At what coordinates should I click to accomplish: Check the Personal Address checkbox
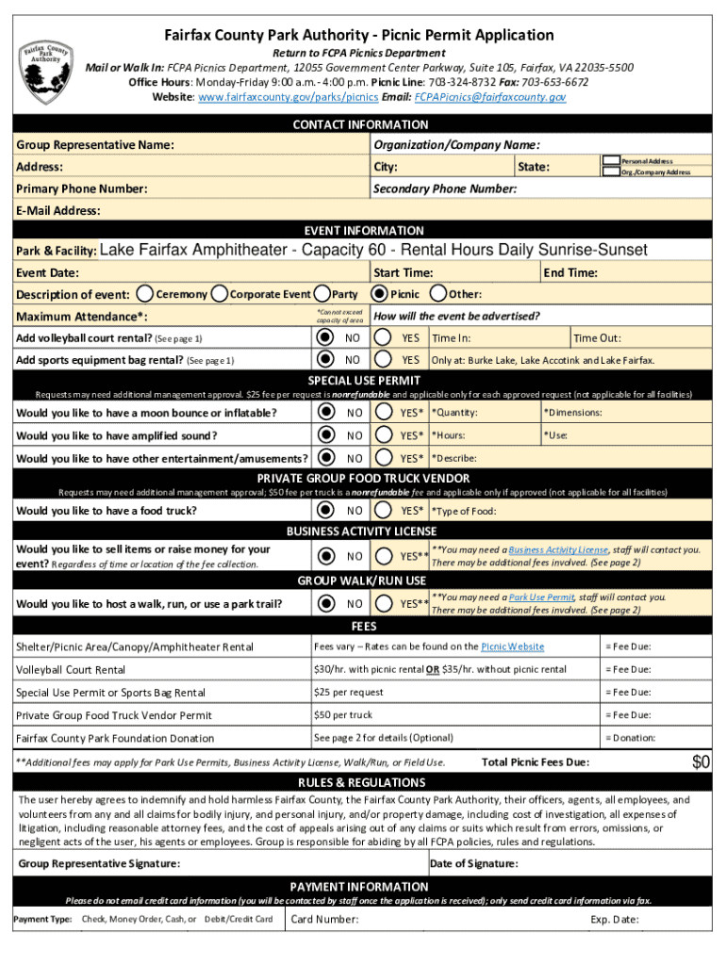611,162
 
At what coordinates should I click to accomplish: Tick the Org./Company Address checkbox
611,172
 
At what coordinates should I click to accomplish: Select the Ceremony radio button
146,294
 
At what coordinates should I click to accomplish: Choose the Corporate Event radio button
221,294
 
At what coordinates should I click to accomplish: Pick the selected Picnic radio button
379,294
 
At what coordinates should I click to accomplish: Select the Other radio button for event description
438,294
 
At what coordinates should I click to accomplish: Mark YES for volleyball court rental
384,337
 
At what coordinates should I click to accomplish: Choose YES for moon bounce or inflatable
384,412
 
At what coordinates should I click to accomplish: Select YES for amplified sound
384,434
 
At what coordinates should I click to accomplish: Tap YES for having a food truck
384,510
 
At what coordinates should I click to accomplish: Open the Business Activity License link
559,549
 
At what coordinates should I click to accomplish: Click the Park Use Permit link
541,597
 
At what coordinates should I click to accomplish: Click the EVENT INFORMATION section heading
363,230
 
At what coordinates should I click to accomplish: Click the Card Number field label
324,920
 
